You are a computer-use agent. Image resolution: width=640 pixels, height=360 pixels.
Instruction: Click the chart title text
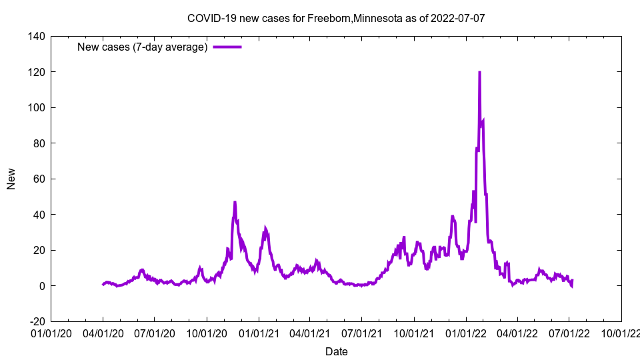[x=336, y=18]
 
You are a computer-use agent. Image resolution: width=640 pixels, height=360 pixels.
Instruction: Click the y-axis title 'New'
[x=11, y=179]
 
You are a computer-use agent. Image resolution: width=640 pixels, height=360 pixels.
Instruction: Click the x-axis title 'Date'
[x=336, y=351]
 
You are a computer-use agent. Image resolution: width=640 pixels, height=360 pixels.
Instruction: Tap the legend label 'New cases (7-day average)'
[x=143, y=47]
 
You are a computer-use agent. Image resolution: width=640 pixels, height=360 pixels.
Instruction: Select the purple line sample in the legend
[x=227, y=47]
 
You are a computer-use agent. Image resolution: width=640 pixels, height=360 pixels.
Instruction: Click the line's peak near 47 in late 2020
[x=235, y=202]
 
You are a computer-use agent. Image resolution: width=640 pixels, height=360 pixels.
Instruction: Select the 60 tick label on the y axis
[x=38, y=179]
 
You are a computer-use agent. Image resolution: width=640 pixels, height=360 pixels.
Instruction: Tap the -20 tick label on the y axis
[x=36, y=321]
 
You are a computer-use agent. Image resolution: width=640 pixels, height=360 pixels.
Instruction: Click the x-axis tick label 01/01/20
[x=51, y=333]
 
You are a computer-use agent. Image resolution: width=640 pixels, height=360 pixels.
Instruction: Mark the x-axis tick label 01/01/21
[x=259, y=333]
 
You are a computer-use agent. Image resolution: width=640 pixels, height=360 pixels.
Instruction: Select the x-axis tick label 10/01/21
[x=414, y=333]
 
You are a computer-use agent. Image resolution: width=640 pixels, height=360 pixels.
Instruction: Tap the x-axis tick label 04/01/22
[x=517, y=333]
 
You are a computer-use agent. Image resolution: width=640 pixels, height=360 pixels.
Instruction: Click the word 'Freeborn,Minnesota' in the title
[x=355, y=18]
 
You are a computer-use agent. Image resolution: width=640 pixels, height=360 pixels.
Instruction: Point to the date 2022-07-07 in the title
[x=457, y=18]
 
